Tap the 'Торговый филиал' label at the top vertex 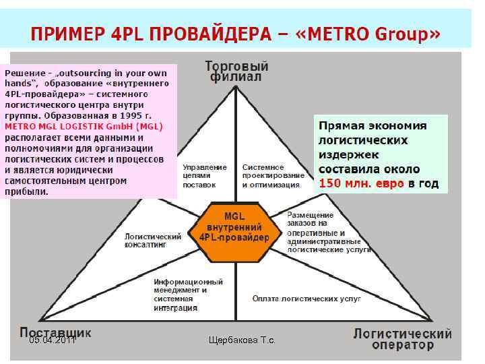coord(236,71)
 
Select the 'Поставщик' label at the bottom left coord(55,332)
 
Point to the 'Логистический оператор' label coord(403,339)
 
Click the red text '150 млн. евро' coord(360,183)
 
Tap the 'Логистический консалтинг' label coord(153,241)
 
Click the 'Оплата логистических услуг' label coord(306,297)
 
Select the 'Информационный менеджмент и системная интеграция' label coord(188,295)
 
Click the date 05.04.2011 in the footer coord(52,341)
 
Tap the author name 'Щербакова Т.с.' coord(243,341)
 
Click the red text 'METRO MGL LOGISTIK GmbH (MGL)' coord(84,126)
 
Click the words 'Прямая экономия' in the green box coord(373,126)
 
